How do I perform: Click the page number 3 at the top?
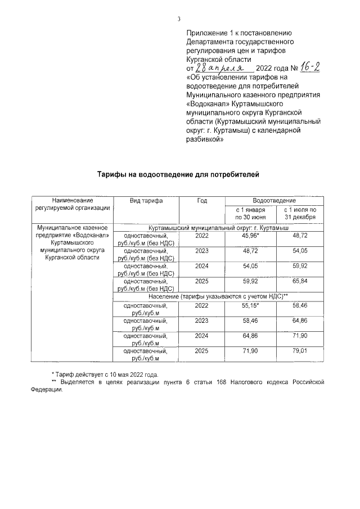179,19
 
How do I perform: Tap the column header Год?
201,201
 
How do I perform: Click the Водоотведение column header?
274,201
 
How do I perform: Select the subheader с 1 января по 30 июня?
250,213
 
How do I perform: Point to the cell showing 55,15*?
250,305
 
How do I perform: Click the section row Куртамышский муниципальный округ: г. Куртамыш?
218,227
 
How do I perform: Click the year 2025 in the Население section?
201,351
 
